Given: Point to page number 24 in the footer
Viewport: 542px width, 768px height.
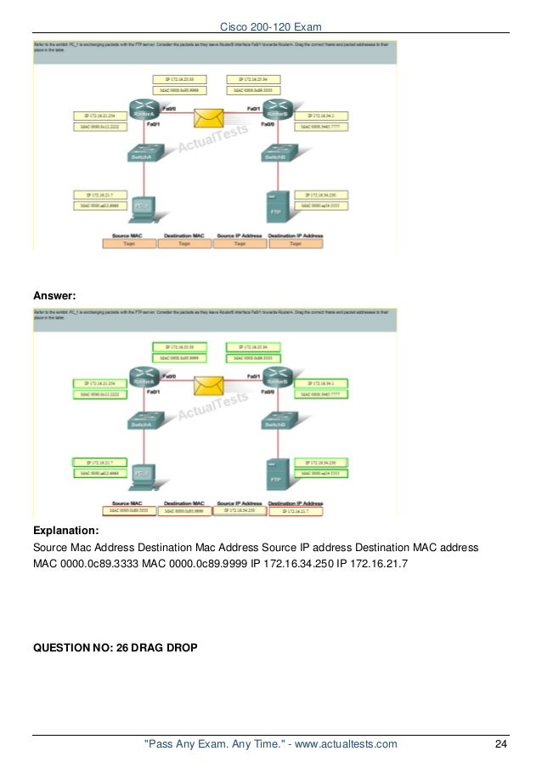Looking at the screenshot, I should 500,745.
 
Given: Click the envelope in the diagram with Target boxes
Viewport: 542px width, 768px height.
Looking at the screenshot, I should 207,118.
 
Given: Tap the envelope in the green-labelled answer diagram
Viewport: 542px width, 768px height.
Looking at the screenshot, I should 207,385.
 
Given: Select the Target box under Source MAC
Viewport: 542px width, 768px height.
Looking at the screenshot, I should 129,243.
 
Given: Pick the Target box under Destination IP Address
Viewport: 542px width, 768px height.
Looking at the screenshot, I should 295,243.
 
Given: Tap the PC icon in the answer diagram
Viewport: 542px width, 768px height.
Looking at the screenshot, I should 142,472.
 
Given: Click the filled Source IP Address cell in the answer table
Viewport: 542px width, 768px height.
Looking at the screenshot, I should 240,510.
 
